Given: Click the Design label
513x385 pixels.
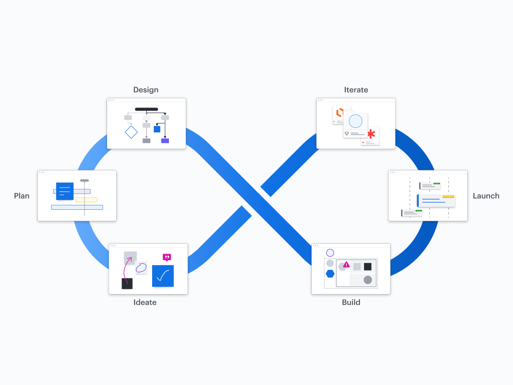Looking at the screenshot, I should point(145,90).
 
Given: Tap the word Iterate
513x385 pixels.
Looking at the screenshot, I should point(356,90).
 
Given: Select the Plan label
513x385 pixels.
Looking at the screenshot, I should point(22,196).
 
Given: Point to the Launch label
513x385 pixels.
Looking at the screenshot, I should point(486,196).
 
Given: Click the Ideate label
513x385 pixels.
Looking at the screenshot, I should point(145,302).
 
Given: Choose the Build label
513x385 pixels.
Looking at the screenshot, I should point(351,302).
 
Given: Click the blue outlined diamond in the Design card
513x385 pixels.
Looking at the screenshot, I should point(131,132).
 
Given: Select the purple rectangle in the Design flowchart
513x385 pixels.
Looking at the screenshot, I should point(165,141).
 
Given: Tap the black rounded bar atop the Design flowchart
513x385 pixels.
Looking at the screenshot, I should point(146,109).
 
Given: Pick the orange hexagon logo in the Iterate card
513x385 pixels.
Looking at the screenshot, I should point(340,112).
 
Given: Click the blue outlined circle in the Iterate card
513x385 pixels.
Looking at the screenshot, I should point(356,121).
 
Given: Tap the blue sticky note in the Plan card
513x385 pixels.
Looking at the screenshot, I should point(65,191).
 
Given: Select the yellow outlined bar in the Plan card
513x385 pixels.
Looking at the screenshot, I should point(86,200).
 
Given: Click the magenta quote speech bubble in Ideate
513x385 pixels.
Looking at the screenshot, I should point(167,257).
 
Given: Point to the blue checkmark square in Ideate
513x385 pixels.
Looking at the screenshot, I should point(163,276).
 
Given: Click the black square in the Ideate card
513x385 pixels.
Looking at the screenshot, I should point(127,284).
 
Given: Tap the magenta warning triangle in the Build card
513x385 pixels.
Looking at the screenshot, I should point(346,265).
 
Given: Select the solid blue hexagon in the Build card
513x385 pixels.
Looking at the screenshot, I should point(330,273).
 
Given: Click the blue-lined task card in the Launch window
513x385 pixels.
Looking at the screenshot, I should point(436,200).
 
